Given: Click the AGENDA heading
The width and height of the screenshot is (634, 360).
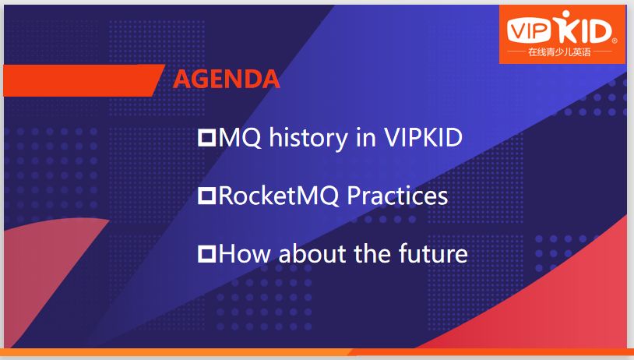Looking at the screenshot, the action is tap(226, 79).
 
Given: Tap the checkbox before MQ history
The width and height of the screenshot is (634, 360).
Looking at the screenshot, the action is tap(206, 137).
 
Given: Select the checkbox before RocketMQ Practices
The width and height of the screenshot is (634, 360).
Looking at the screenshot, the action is tap(206, 196).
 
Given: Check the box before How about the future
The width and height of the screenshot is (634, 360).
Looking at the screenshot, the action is tap(206, 254).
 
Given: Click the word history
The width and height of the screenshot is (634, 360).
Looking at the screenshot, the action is tap(308, 139).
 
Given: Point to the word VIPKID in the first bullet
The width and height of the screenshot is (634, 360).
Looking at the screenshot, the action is tap(423, 137).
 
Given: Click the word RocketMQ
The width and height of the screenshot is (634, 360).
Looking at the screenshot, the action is tap(279, 196).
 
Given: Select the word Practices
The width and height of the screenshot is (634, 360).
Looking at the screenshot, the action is tap(397, 196).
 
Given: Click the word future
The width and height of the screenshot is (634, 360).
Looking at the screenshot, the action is tap(433, 253).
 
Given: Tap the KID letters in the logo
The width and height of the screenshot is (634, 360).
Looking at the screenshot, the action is tap(583, 27).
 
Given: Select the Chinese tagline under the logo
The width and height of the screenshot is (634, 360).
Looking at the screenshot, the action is tap(559, 52).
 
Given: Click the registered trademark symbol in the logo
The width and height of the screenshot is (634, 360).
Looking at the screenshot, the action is tap(615, 41).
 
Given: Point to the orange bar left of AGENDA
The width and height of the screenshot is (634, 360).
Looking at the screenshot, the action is tap(81, 80).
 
